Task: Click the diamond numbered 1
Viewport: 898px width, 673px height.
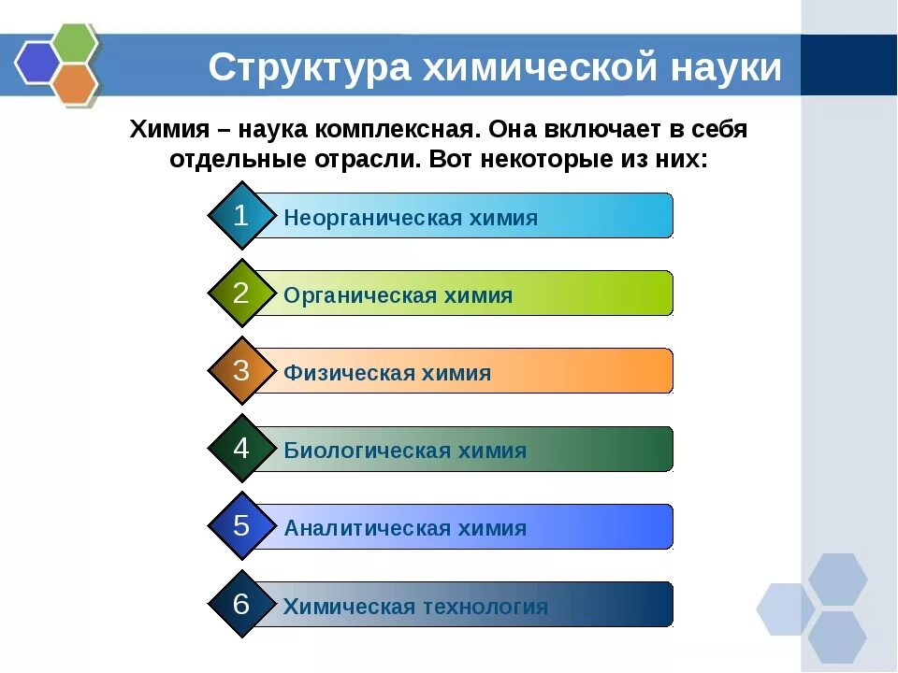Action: point(241,216)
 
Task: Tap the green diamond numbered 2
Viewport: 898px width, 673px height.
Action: point(241,294)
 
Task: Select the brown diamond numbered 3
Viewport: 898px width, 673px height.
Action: point(241,371)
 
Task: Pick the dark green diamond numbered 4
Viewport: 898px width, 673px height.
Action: point(241,449)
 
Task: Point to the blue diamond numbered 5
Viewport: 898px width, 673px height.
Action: point(241,526)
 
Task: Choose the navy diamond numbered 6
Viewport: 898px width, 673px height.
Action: point(241,604)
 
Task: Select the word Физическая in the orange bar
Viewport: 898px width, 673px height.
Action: point(336,374)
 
